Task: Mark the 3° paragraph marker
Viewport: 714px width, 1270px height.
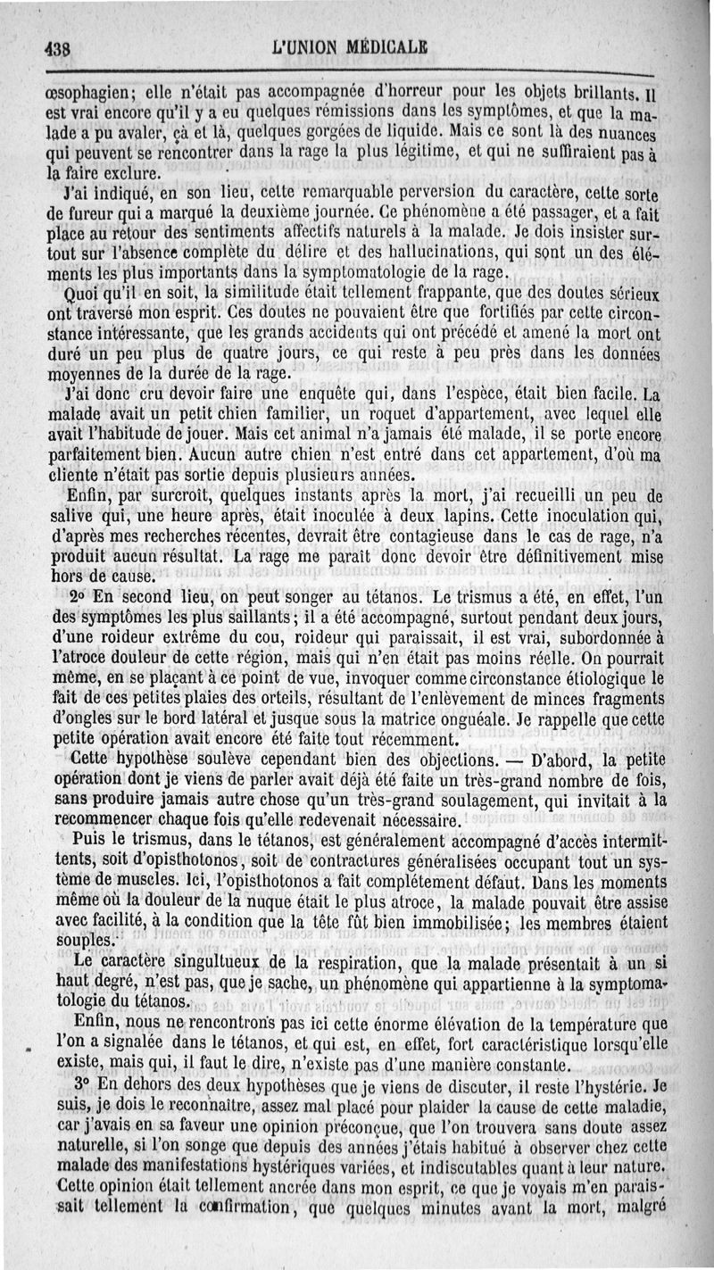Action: coord(80,1086)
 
